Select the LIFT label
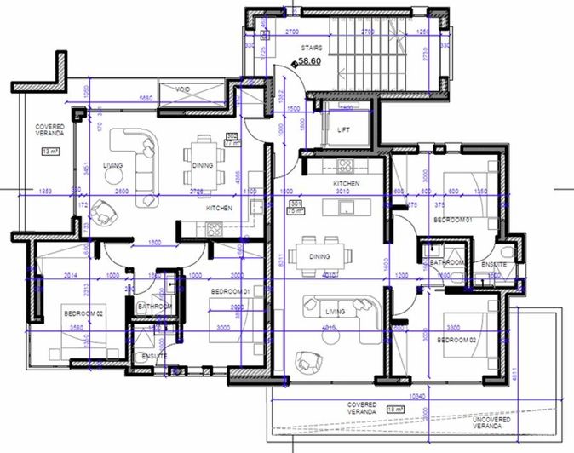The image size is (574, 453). pos(344,130)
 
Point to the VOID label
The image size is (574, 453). pos(182,89)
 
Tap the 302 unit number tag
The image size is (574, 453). pos(232,138)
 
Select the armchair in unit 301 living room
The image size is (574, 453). pos(305,362)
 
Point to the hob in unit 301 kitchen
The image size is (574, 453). pos(347,165)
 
